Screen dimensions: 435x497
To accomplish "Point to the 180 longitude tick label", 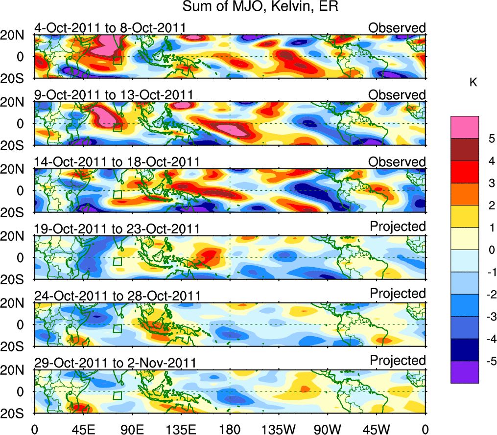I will (230, 429).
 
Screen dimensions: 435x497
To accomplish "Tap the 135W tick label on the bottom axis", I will (279, 429).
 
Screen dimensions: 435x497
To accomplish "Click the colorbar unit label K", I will (473, 83).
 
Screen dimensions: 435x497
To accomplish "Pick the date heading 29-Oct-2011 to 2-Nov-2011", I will (116, 363).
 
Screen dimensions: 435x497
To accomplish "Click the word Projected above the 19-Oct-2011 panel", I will (398, 227).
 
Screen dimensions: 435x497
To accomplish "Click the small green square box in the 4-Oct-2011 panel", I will (117, 60).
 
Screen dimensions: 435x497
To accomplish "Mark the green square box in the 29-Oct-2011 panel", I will (117, 395).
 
